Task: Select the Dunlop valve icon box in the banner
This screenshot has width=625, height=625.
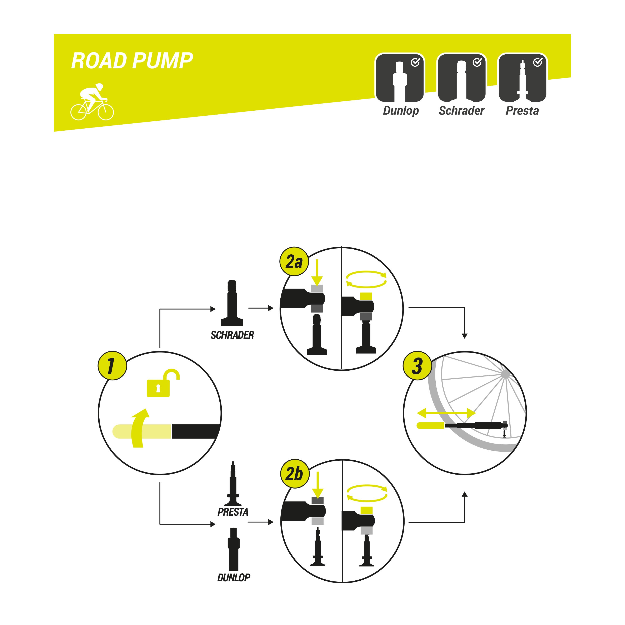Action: coord(400,78)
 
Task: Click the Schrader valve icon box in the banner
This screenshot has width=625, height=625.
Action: coord(462,78)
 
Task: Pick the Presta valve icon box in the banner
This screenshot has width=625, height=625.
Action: coord(522,78)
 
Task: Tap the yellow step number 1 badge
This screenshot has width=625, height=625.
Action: coord(112,366)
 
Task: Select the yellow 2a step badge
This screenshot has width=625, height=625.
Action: coord(294,262)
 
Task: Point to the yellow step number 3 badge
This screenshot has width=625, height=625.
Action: coord(417,366)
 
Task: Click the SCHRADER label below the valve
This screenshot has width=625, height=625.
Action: coord(232,335)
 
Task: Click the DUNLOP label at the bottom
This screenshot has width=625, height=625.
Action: coord(234,577)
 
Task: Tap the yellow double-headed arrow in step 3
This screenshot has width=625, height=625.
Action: coord(446,413)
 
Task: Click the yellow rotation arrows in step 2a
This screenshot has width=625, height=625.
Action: coord(366,279)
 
